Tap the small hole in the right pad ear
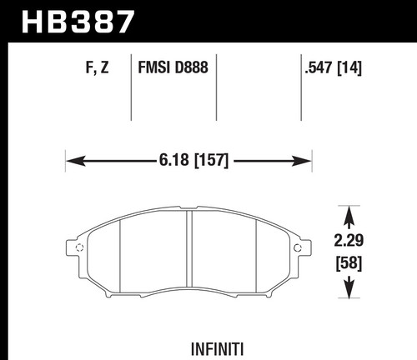[x=299, y=247]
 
